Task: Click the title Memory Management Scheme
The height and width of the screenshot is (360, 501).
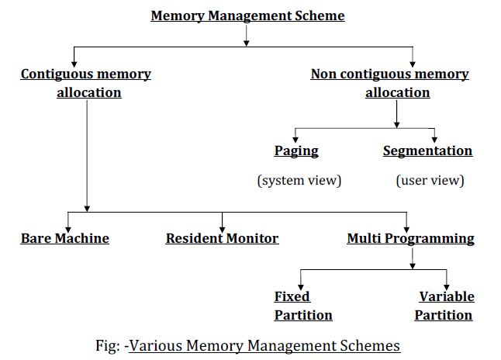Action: coord(247,16)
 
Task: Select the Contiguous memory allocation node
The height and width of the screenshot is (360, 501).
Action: coord(86,83)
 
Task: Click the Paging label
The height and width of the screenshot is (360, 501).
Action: coord(296,151)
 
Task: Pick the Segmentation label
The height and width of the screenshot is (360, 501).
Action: coord(427,151)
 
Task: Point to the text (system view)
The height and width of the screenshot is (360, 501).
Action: coord(299,181)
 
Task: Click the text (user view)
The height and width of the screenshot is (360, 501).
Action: coord(430,181)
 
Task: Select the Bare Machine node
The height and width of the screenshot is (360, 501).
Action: coord(65,238)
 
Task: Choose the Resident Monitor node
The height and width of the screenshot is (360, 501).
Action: coord(222,238)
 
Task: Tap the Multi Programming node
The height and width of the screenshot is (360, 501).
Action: coord(410,238)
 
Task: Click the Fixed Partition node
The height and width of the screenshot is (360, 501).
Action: coord(302,306)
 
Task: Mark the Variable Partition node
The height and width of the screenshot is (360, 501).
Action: coord(444,306)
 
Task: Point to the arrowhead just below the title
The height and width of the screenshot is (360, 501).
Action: coord(246,42)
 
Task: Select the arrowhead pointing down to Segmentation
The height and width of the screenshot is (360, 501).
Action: coord(434,138)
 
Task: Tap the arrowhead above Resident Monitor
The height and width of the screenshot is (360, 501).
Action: coord(223,226)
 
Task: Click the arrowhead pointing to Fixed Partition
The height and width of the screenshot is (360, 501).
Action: coord(300,284)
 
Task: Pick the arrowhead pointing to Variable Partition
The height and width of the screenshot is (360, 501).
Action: coord(446,284)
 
